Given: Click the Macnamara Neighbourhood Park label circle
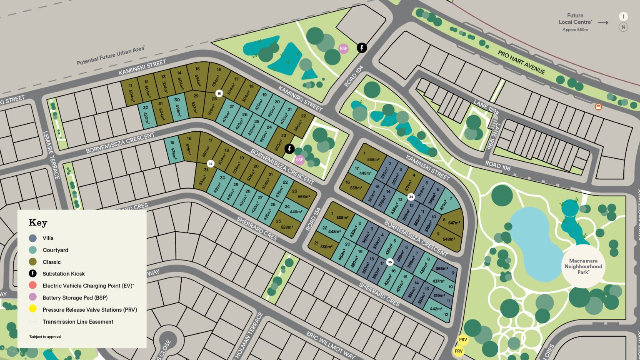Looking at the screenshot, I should point(583,266).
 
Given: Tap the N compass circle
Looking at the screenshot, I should point(623,27).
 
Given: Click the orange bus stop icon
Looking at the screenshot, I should point(598,107).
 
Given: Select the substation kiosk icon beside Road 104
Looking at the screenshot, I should point(362,48).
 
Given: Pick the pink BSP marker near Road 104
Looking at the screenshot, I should point(343,48).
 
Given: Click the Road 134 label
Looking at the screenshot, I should point(314,219).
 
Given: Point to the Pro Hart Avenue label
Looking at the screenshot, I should point(521,62).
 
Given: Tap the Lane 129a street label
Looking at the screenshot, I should point(486,107).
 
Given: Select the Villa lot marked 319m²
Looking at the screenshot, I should point(440,296).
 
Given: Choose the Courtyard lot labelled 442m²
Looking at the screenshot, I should point(437,309).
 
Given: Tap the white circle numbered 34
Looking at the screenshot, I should point(411,197).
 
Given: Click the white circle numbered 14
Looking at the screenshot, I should point(210,164).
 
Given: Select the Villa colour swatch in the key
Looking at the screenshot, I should point(33,238).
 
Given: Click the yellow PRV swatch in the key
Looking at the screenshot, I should point(33,309).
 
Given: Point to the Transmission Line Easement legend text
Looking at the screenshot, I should point(78,322).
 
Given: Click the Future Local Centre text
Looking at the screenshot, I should point(575,19).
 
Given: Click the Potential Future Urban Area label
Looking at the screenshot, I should point(110,56).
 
